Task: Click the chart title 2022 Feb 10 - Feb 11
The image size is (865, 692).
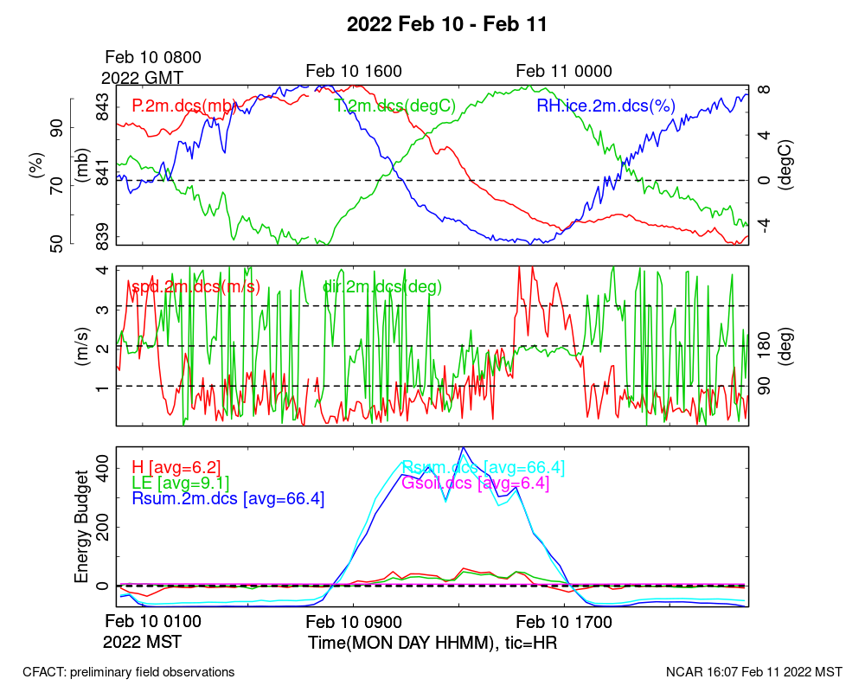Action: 446,24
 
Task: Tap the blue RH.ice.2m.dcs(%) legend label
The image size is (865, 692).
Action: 605,106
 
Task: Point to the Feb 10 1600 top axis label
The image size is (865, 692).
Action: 354,71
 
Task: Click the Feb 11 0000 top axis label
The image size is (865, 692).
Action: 564,71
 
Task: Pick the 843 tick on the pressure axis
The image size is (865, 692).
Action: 102,111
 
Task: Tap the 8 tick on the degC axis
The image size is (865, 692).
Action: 764,89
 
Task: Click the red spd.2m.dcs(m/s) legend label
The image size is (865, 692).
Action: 195,286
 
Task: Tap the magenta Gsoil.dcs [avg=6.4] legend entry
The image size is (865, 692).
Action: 475,483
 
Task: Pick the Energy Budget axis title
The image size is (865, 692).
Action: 82,528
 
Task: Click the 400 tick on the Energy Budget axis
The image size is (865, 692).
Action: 102,467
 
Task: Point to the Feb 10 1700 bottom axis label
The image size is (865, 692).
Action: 564,622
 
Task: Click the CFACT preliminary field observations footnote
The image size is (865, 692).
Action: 128,672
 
